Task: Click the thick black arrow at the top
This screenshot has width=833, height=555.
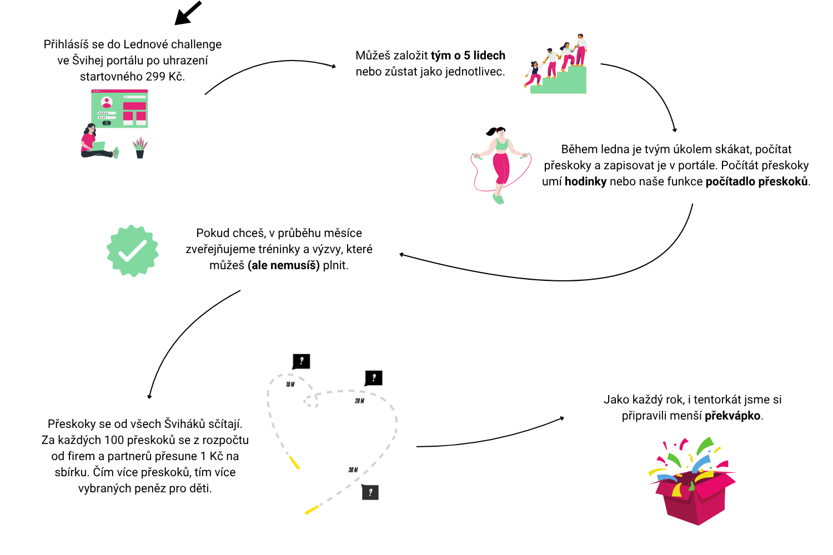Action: [188, 13]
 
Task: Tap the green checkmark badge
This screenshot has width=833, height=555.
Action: [132, 251]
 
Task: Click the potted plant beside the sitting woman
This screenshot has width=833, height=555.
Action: [139, 148]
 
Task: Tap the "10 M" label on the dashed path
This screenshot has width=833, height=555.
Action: [290, 385]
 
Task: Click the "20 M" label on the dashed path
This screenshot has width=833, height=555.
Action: [359, 401]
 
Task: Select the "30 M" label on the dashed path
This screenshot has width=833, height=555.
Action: [353, 470]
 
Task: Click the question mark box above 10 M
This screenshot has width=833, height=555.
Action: [301, 361]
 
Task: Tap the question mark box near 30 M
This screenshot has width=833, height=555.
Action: [370, 492]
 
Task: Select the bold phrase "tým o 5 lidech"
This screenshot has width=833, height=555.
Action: [468, 56]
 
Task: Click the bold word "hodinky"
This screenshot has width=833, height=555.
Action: [585, 181]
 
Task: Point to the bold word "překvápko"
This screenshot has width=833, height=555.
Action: [732, 416]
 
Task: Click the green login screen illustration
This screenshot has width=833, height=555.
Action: [119, 109]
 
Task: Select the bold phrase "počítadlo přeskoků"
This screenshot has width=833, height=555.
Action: [756, 181]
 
